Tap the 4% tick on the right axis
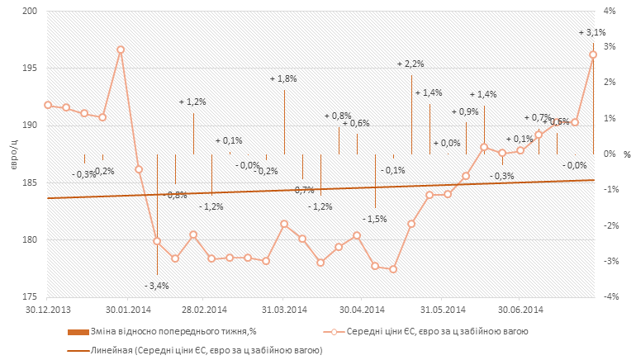pos(610,12)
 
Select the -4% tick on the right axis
pos(610,297)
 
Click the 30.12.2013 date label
pos(47,310)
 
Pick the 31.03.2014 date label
pos(283,310)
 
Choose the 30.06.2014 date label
pos(519,310)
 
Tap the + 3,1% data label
pos(592,33)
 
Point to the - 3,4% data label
pos(157,286)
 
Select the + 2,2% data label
pos(411,64)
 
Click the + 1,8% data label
pos(283,78)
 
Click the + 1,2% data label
pos(192,102)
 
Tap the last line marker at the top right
pos(593,54)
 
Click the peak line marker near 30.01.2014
pos(121,50)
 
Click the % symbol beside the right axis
pos(627,154)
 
